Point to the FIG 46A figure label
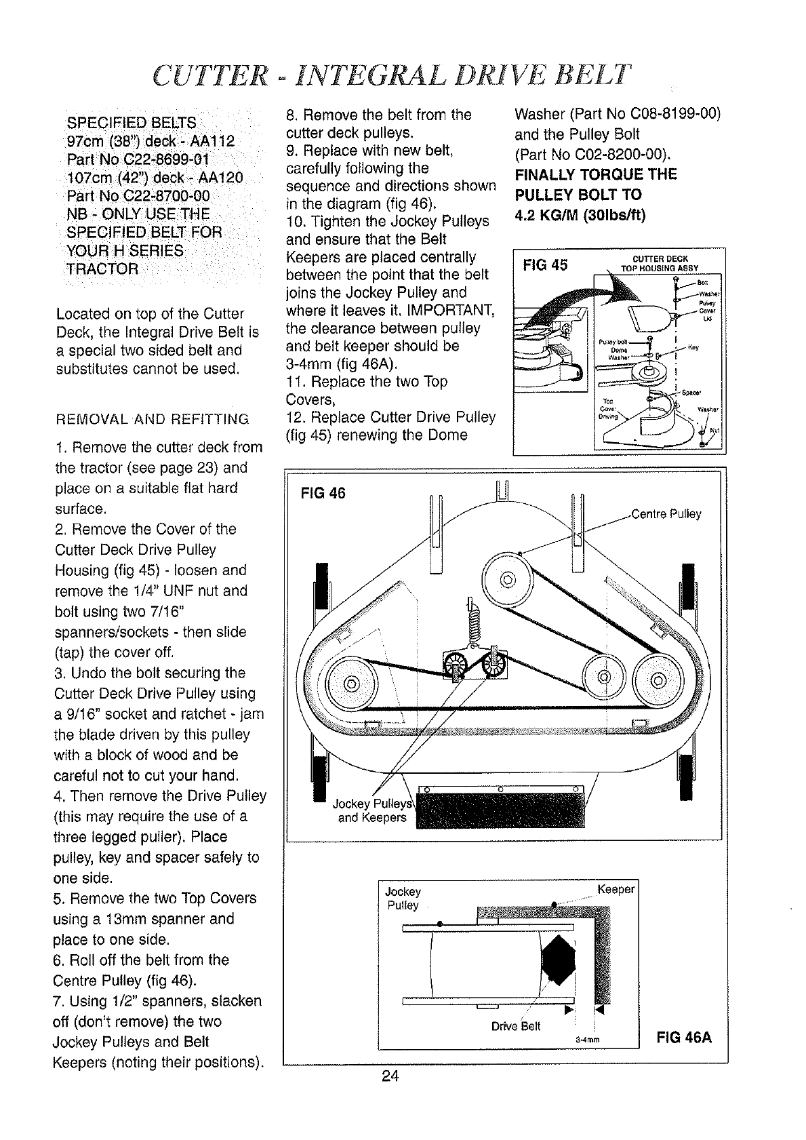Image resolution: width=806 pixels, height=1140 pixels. coord(683,1038)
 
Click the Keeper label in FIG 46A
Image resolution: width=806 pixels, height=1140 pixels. coord(616,889)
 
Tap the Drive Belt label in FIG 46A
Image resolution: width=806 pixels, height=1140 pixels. coord(516,1025)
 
